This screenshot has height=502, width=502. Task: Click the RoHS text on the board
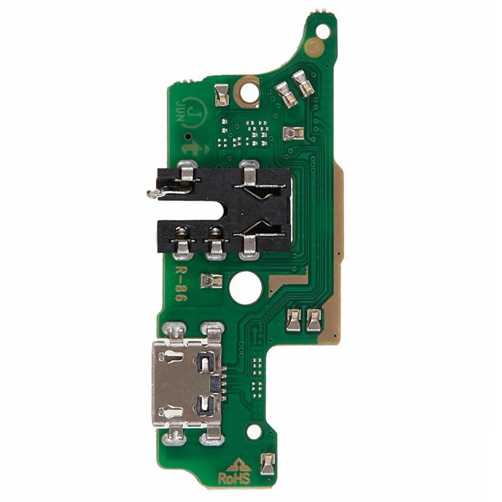click(x=234, y=479)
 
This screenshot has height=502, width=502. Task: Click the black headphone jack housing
click(x=224, y=208)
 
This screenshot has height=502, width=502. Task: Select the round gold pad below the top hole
click(x=314, y=47)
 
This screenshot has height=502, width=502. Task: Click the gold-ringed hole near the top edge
click(x=249, y=91)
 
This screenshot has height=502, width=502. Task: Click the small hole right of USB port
click(x=254, y=432)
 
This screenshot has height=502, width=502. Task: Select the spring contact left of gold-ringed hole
click(x=222, y=94)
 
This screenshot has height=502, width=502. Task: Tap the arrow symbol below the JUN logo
click(x=192, y=148)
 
